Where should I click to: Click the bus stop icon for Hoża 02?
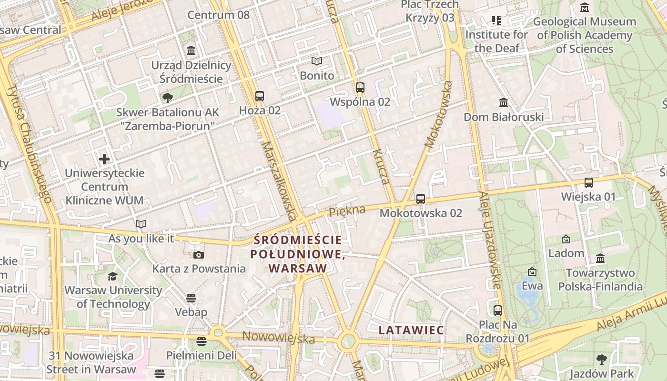tap(259, 96)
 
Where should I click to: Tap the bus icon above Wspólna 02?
tap(360, 88)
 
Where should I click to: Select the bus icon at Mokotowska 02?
tap(420, 199)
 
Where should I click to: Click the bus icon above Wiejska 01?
tap(589, 183)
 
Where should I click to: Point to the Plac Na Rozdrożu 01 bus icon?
tap(498, 311)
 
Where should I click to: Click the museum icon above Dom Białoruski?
tap(504, 103)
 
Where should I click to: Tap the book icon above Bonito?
tap(317, 61)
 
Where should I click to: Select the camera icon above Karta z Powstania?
tap(199, 255)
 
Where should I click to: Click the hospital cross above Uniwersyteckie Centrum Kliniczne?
tap(104, 159)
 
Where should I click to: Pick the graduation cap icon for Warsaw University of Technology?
tap(112, 276)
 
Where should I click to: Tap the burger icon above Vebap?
tap(191, 298)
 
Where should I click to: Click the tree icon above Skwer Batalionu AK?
tap(167, 98)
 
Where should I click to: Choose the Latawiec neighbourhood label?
tap(411, 330)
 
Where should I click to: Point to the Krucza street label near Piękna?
tap(381, 167)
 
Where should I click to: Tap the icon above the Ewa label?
tap(532, 271)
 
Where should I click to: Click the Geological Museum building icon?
tap(585, 8)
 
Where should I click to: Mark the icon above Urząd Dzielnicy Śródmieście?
tap(191, 51)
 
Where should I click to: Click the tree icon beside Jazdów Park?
tap(602, 359)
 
